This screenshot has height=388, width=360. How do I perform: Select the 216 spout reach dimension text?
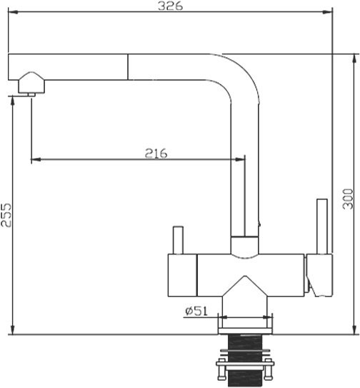(x=155, y=153)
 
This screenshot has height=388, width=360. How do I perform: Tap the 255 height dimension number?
(x=6, y=212)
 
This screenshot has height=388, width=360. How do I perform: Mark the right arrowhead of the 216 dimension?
(x=241, y=159)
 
